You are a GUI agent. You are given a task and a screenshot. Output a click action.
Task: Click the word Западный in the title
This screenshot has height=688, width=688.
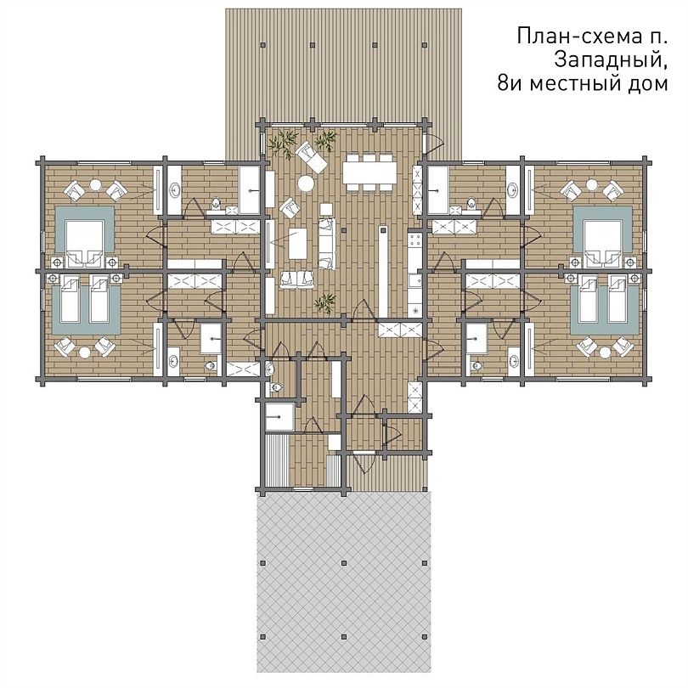(x=611, y=59)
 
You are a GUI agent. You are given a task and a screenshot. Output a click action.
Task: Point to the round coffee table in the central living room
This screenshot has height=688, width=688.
(x=306, y=183)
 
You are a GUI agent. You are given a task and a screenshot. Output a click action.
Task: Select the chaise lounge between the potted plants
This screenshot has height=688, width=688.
(x=311, y=157)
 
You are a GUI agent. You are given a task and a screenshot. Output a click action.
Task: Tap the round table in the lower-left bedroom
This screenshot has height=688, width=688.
(x=85, y=352)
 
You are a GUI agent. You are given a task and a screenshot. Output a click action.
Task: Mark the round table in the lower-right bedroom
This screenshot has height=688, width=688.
(x=605, y=352)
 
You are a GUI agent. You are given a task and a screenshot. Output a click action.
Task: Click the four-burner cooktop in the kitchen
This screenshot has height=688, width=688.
(x=414, y=240)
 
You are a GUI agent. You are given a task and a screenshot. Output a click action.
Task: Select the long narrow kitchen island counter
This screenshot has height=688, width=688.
(x=383, y=271)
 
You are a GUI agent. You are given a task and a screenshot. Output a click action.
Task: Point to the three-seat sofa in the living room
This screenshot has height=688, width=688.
(x=326, y=244)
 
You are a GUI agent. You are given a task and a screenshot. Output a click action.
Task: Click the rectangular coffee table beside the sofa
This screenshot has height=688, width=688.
(x=297, y=244)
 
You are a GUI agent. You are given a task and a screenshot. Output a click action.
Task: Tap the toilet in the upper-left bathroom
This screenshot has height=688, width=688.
(x=216, y=204)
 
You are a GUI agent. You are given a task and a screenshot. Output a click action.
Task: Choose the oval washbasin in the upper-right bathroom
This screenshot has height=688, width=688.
(x=512, y=190)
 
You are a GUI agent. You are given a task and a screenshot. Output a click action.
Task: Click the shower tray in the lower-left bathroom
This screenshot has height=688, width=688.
(x=211, y=338)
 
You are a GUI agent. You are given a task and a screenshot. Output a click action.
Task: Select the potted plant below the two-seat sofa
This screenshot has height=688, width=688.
(x=325, y=302)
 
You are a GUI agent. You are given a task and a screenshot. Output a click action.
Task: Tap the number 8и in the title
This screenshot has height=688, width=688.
(x=510, y=83)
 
